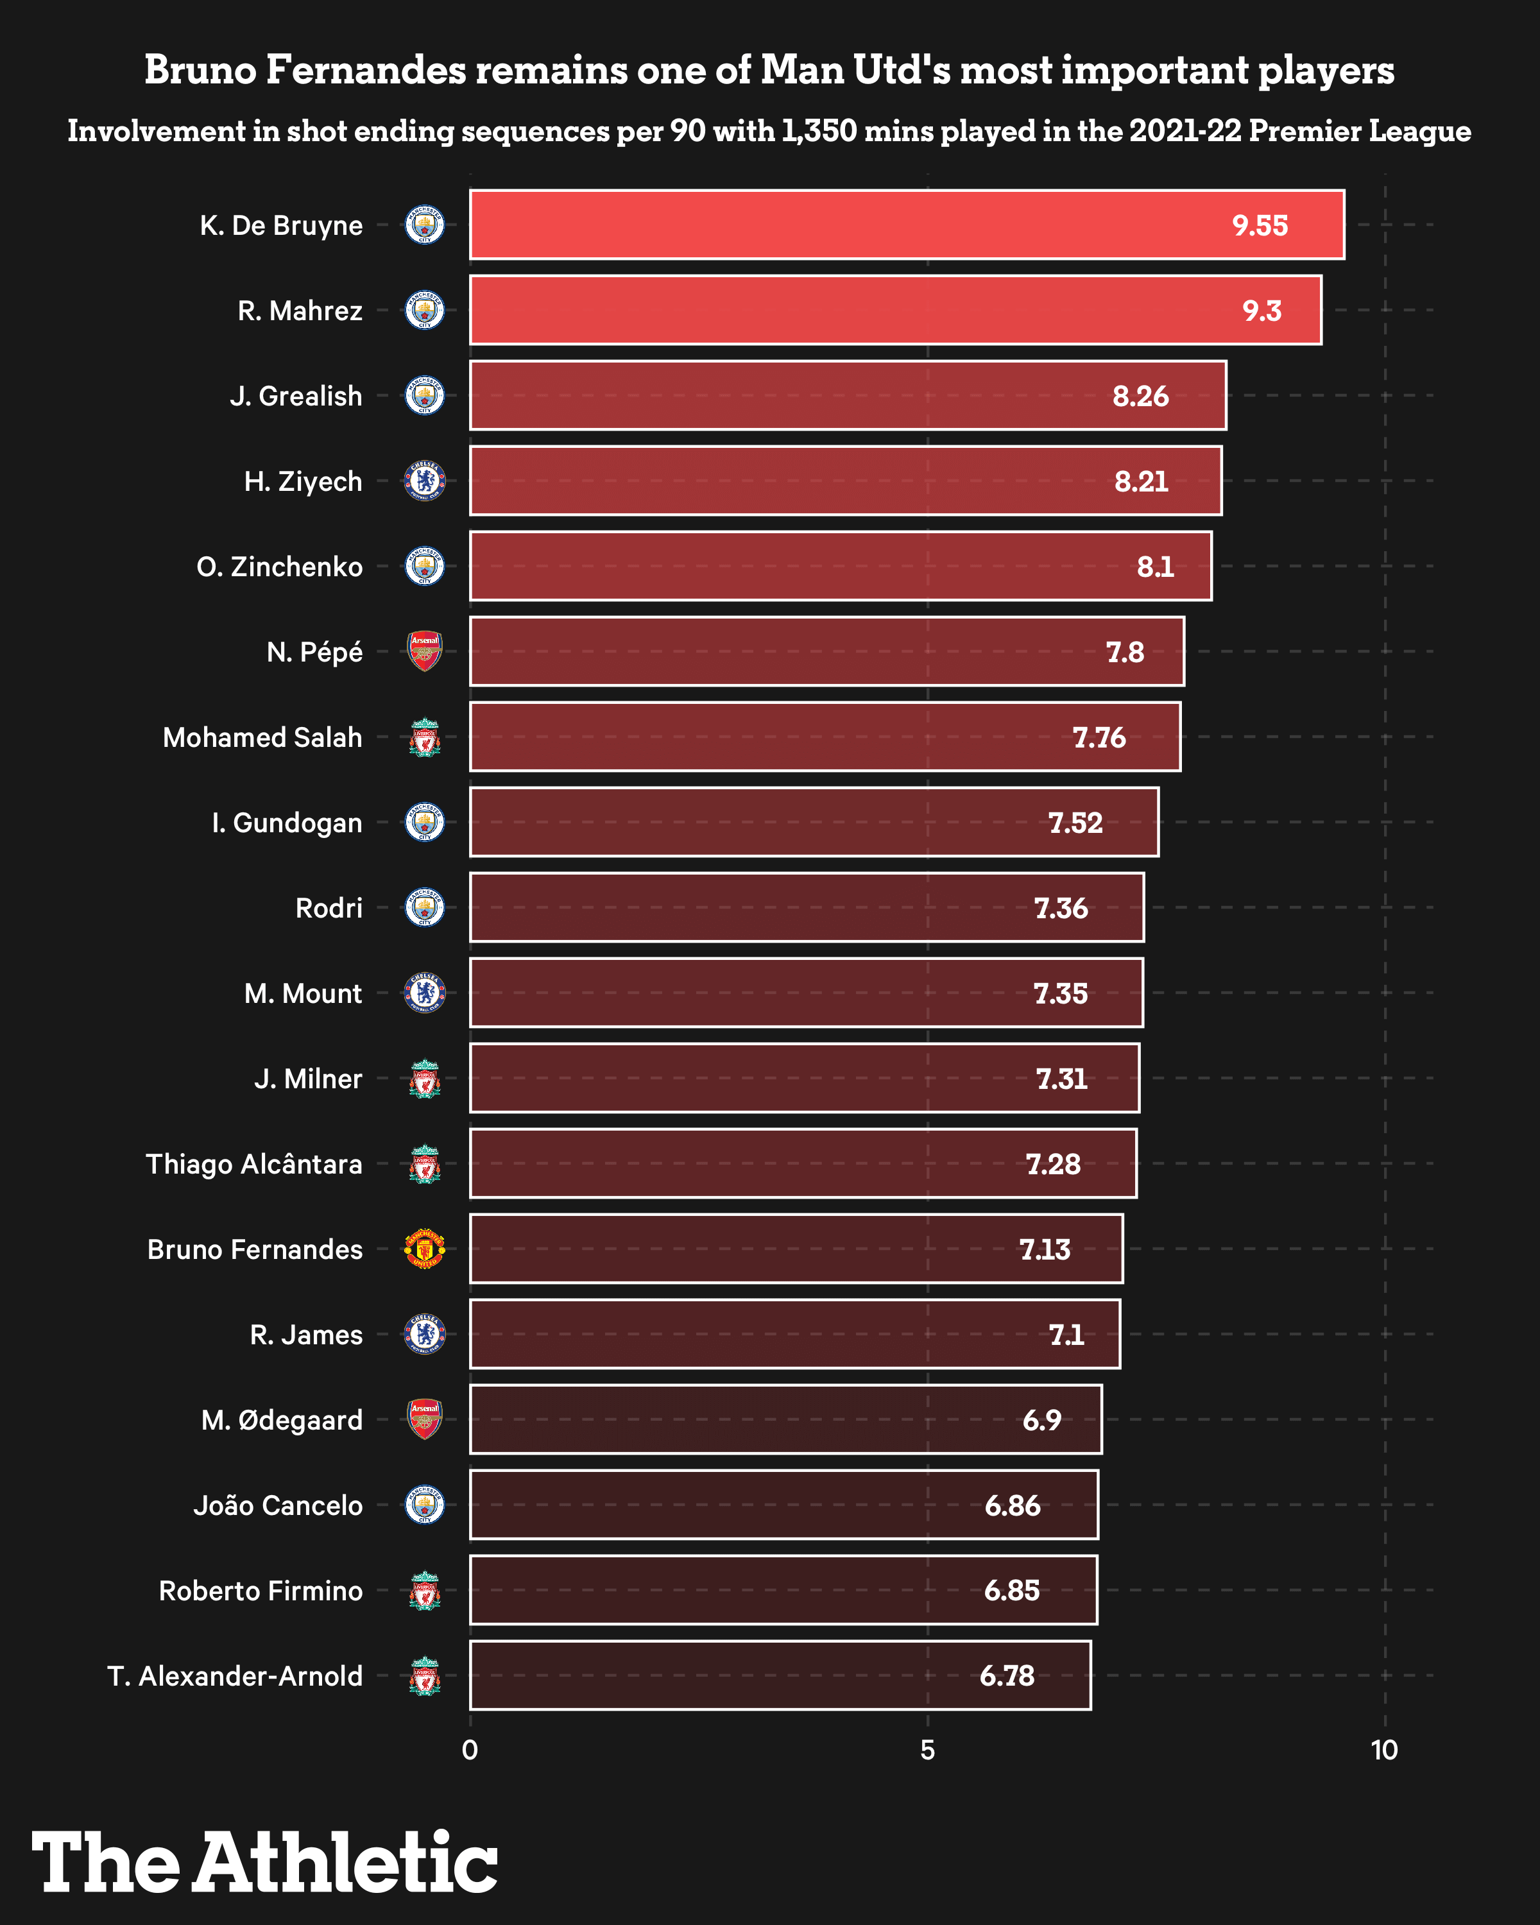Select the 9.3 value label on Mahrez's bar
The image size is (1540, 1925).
click(1262, 311)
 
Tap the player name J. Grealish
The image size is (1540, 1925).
click(296, 395)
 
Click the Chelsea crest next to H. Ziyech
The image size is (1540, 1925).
click(425, 481)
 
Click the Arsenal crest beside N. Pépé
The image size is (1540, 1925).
click(425, 652)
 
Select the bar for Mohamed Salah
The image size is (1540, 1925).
click(825, 737)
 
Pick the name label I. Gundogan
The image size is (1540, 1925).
click(287, 823)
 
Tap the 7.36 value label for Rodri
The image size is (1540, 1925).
click(1061, 908)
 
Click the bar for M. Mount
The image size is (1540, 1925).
click(806, 993)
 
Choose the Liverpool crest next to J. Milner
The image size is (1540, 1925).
click(425, 1079)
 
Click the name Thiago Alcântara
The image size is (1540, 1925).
click(255, 1164)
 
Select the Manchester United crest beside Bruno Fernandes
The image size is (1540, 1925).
click(425, 1249)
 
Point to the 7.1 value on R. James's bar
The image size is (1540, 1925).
click(1066, 1335)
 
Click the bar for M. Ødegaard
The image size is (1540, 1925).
click(785, 1419)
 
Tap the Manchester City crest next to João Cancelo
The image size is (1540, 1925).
click(425, 1505)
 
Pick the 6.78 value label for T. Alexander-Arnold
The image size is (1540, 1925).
click(1007, 1676)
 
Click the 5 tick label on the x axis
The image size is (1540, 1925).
click(928, 1750)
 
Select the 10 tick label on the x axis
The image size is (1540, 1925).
click(1385, 1750)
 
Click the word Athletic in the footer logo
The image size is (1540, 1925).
click(345, 1863)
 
